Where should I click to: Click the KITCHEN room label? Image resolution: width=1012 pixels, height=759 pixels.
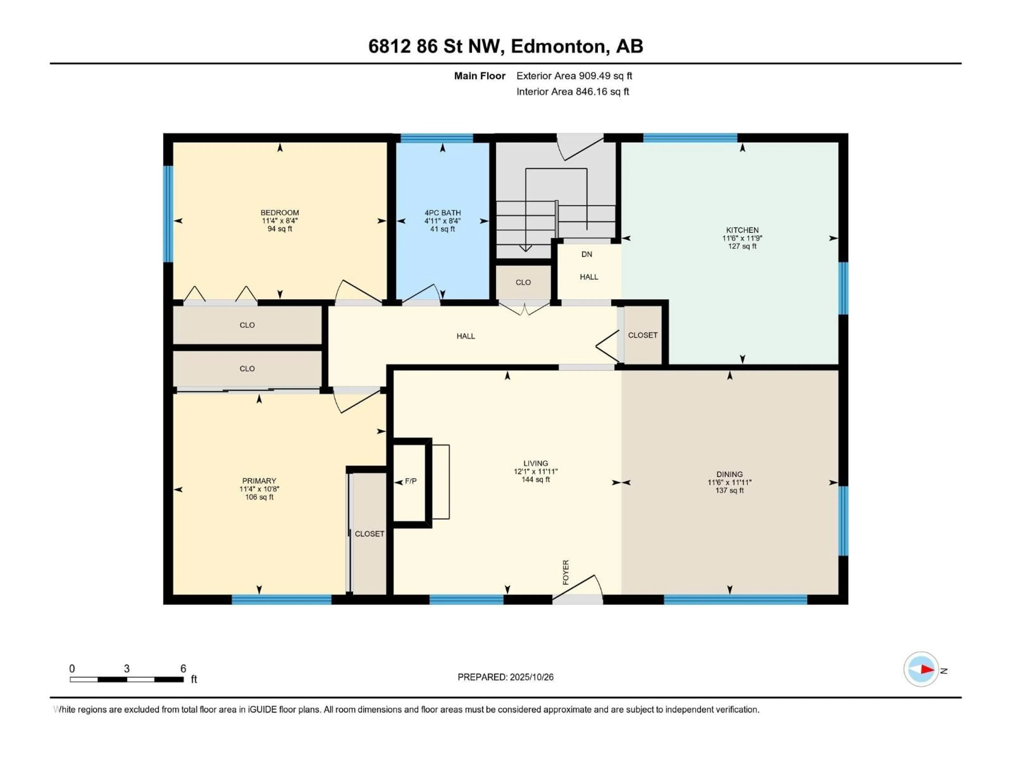742,230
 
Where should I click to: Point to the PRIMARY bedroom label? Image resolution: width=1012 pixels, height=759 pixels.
259,481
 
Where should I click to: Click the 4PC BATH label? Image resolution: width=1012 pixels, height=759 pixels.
442,213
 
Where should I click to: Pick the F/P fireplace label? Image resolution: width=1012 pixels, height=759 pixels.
411,481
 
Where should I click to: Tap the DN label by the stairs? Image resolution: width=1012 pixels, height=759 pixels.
587,254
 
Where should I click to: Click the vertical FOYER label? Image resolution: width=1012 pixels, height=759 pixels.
566,572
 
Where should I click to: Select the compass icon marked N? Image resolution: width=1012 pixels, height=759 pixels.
921,669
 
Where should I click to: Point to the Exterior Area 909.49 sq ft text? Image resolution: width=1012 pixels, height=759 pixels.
574,76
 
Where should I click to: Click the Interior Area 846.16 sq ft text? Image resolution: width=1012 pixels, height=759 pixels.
573,91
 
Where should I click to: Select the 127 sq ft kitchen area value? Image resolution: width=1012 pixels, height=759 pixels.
742,246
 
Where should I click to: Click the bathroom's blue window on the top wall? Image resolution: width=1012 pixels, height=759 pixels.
437,138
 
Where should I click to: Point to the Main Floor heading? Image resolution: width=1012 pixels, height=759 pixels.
479,76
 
